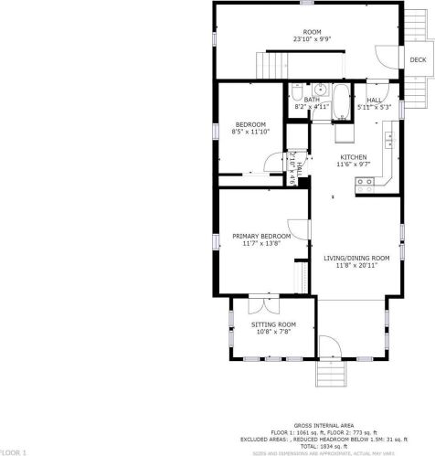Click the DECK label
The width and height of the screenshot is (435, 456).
(x=417, y=60)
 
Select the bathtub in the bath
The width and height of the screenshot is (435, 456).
(x=340, y=102)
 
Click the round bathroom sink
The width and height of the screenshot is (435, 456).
(x=319, y=90)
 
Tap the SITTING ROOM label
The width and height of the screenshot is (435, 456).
(x=274, y=324)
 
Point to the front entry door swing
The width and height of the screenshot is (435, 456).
(x=324, y=348)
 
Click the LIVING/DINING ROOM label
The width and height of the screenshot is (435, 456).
(x=356, y=258)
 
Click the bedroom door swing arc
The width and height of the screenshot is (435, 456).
(x=272, y=162)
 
